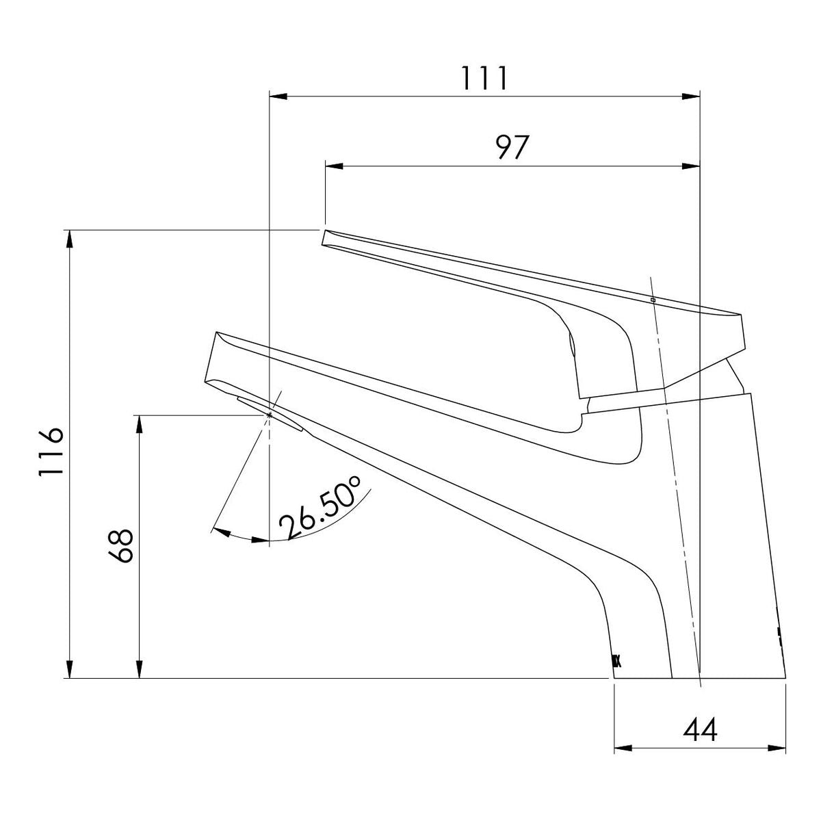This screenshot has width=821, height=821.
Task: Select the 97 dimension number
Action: tap(513, 147)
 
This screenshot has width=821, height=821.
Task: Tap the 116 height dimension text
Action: tap(51, 452)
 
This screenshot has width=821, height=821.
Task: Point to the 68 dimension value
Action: tap(120, 547)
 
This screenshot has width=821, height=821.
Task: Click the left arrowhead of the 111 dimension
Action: tap(278, 96)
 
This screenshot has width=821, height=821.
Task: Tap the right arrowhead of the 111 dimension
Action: tap(690, 96)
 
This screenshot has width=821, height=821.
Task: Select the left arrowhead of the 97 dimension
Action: tap(334, 166)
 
